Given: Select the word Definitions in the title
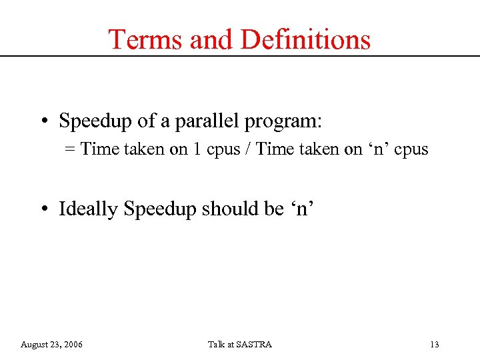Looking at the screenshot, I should pos(305,39).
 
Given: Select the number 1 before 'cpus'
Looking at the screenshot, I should pos(197,149).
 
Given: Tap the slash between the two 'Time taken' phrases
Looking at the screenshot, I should pos(247,149).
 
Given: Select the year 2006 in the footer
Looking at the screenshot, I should pos(73,345).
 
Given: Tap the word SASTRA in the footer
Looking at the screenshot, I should pos(253,345).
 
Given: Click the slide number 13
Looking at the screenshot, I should pos(435,345).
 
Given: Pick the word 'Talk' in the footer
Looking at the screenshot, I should pos(216,345).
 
